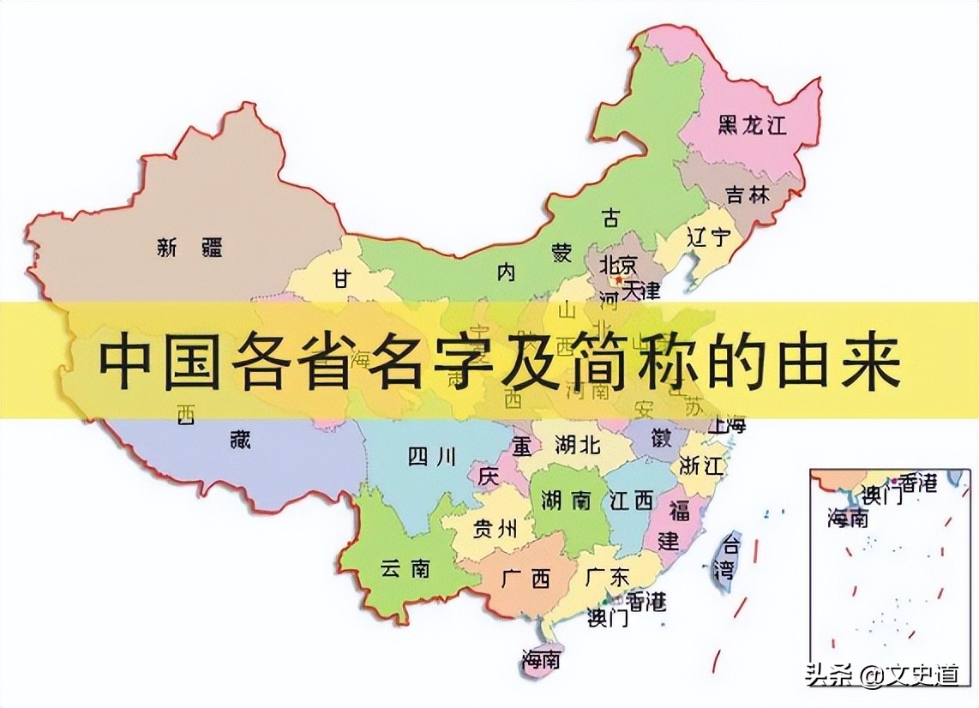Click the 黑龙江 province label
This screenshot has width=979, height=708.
click(751, 126)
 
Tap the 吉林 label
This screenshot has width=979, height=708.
click(747, 195)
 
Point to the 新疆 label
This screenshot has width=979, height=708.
click(190, 249)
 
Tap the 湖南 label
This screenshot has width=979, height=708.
click(564, 501)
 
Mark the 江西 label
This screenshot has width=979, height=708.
click(631, 501)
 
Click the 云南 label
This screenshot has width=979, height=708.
click(405, 567)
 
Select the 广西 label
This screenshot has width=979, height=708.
click(528, 579)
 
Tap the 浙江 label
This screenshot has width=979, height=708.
click(701, 465)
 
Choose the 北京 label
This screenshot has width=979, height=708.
click(619, 263)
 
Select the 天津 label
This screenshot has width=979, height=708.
click(641, 290)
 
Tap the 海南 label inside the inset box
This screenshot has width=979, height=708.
click(848, 518)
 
